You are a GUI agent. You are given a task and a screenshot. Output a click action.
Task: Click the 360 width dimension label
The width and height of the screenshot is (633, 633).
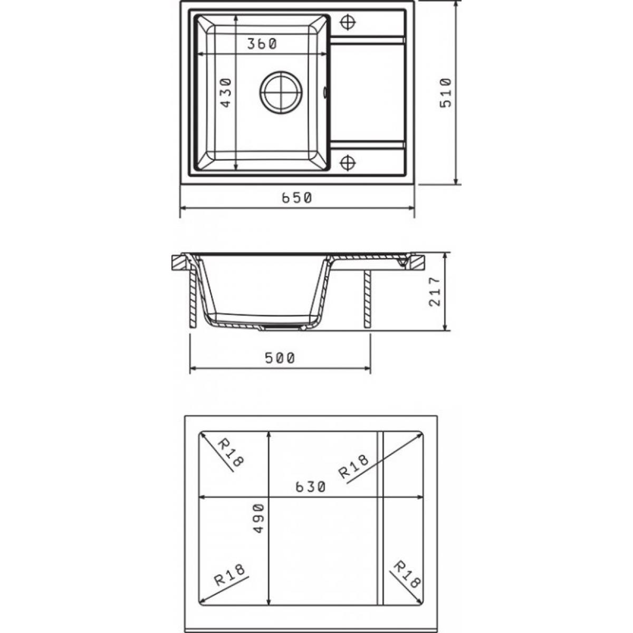pyautogui.click(x=262, y=44)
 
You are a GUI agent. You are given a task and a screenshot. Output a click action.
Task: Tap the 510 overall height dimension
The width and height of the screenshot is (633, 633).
pyautogui.click(x=446, y=93)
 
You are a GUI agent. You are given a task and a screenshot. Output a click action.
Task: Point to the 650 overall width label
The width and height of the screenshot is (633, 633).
pyautogui.click(x=296, y=198)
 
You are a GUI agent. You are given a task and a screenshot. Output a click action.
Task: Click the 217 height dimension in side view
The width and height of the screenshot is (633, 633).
pyautogui.click(x=435, y=292)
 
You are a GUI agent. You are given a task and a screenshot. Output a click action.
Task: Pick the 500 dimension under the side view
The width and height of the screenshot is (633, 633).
pyautogui.click(x=280, y=358)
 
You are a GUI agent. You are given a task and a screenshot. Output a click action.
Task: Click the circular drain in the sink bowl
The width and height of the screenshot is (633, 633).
pyautogui.click(x=281, y=93)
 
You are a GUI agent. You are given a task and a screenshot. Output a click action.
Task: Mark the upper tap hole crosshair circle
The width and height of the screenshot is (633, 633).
pyautogui.click(x=348, y=23)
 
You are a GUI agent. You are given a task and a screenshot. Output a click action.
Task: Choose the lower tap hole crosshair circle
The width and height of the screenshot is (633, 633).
pyautogui.click(x=348, y=162)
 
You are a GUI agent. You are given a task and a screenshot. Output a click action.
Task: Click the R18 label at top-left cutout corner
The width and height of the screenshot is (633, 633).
pyautogui.click(x=231, y=452)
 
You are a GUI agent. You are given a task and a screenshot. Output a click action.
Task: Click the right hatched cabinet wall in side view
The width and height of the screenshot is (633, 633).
pyautogui.click(x=367, y=299)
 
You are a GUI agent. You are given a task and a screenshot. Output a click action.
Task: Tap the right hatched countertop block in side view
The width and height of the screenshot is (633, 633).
pyautogui.click(x=417, y=263)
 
